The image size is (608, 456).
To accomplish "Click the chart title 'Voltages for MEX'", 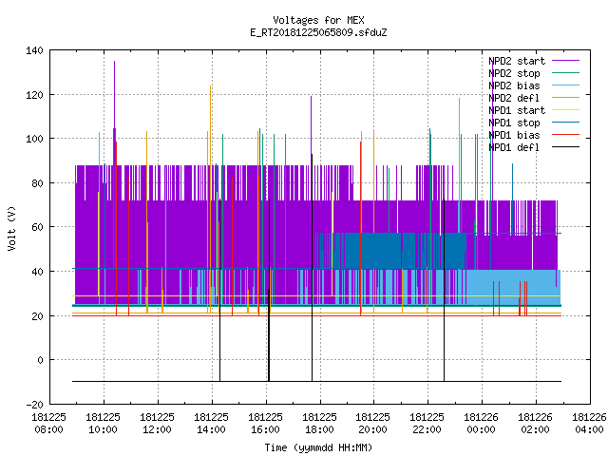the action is [318, 20].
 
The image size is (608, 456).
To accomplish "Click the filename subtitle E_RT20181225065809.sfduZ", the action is [318, 32].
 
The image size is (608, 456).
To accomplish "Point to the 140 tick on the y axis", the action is [34, 50].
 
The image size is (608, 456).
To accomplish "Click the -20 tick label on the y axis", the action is [34, 405].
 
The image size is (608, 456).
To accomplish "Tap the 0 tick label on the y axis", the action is [40, 360].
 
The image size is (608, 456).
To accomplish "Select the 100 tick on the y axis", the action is [34, 139].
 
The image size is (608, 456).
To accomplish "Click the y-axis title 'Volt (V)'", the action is [11, 228].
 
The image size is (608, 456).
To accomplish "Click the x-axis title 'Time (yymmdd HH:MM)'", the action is [318, 447].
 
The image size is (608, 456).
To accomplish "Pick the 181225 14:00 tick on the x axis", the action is [211, 424].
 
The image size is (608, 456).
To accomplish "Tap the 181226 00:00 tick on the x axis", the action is [482, 424].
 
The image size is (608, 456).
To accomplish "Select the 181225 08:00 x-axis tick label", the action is [48, 424].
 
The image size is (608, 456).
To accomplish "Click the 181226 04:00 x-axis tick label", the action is [589, 424].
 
